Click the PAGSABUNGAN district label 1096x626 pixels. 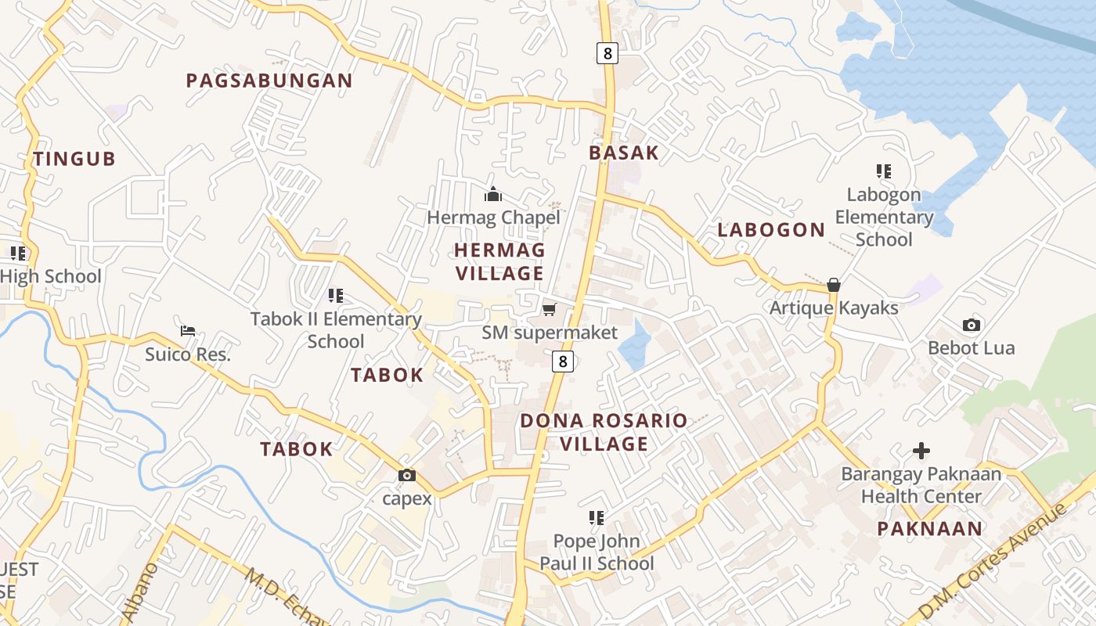tap(269, 81)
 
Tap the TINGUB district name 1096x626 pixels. tap(74, 159)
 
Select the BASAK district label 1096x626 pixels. tap(624, 153)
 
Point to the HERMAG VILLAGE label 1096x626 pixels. tap(499, 261)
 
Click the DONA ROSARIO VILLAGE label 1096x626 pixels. tap(604, 432)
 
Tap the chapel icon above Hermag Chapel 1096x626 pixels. tap(493, 193)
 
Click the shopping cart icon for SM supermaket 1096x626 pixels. tap(550, 310)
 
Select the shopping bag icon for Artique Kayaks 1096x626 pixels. tap(834, 285)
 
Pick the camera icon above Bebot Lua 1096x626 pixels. tap(972, 325)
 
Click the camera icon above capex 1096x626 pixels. tap(407, 475)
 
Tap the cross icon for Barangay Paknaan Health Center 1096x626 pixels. tap(921, 451)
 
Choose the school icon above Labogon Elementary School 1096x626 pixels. tap(884, 171)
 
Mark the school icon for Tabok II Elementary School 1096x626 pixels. tap(336, 296)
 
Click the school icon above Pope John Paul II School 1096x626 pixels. tap(597, 518)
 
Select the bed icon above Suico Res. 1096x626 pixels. tap(188, 331)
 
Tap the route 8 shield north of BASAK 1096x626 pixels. tap(607, 53)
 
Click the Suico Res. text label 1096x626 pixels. tap(188, 354)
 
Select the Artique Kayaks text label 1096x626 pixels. tap(834, 308)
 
